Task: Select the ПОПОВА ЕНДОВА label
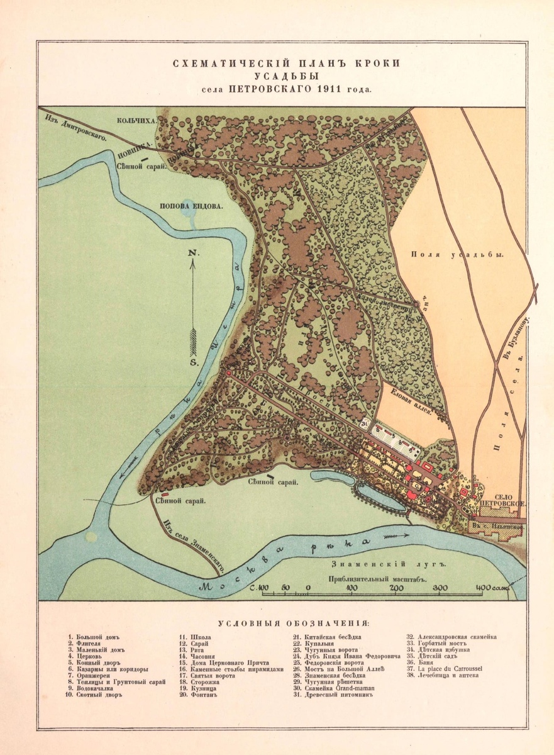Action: (x=191, y=204)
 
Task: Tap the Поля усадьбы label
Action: (x=458, y=254)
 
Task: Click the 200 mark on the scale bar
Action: (x=396, y=588)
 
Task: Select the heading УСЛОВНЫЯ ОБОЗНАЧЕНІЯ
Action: (x=294, y=624)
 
